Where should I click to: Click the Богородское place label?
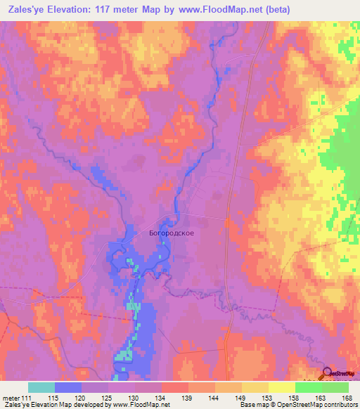172,232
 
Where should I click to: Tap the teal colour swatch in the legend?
41,387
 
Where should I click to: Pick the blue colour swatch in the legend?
68,387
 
